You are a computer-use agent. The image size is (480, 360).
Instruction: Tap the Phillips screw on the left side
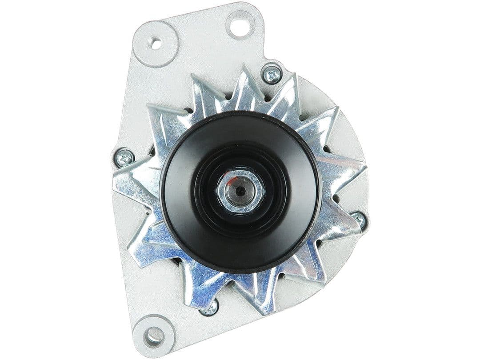(x=124, y=157)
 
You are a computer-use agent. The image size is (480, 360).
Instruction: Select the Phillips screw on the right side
(x=358, y=219)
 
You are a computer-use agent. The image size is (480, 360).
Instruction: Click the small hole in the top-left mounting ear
(x=155, y=43)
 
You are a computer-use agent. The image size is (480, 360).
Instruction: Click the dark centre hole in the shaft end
(x=240, y=191)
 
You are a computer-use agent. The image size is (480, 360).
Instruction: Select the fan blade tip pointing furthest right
(x=367, y=168)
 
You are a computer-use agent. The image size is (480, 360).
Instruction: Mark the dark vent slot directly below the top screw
(x=267, y=96)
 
